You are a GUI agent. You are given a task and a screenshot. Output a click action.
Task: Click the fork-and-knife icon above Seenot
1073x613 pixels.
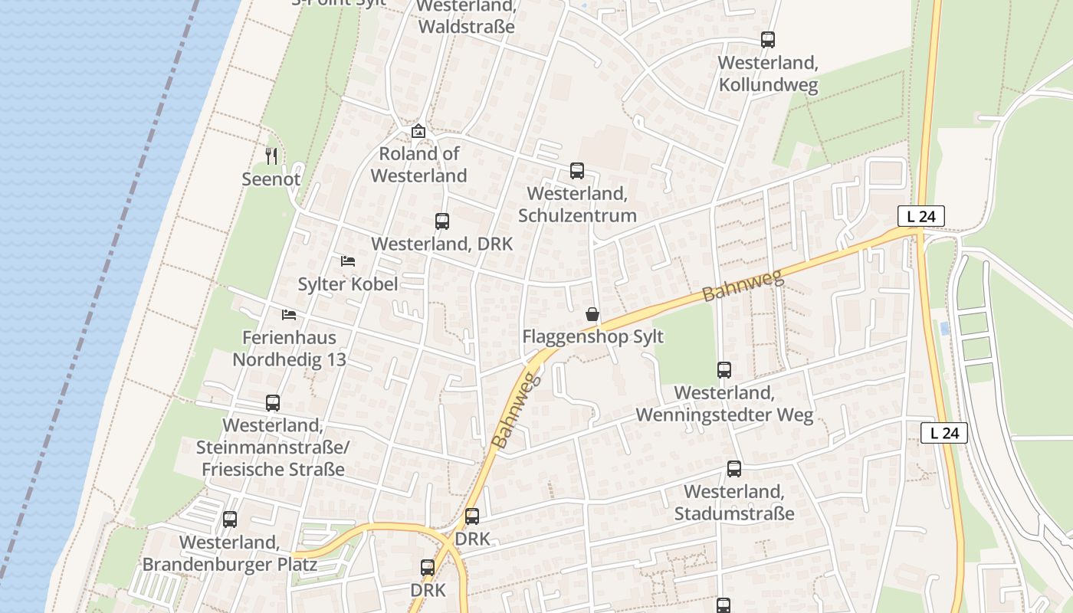pos(271,156)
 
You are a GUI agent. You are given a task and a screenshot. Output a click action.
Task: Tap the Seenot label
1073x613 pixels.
pos(271,179)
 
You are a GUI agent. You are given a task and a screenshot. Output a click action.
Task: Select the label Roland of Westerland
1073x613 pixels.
pos(418,165)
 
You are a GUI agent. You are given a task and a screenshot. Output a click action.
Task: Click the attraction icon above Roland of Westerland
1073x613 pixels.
pos(418,131)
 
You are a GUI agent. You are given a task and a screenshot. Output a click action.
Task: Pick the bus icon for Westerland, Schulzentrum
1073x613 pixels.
pos(576,171)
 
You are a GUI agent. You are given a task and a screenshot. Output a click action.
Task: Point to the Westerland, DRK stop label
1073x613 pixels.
pos(441,244)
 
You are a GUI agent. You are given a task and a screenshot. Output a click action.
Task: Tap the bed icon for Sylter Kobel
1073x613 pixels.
pos(348,261)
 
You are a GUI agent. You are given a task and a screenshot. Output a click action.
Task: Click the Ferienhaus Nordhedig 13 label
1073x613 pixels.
pos(289,349)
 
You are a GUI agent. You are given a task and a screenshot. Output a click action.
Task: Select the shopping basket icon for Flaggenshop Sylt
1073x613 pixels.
pos(592,314)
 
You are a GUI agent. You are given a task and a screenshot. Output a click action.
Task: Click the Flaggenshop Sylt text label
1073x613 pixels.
pos(592,336)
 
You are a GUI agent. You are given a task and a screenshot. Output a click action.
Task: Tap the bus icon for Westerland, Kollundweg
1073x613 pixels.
pos(767,40)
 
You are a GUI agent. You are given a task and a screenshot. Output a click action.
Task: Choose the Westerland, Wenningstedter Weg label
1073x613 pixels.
pos(724,404)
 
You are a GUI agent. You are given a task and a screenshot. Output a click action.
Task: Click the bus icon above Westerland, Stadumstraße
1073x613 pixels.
pos(733,469)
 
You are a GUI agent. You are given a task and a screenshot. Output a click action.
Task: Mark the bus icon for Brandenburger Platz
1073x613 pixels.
pos(229,520)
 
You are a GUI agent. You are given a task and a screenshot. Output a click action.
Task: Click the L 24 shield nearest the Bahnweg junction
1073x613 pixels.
pos(920,217)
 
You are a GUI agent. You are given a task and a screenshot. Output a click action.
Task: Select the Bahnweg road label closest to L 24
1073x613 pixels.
pos(743,284)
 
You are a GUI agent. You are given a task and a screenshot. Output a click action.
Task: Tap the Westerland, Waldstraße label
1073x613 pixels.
pos(466,17)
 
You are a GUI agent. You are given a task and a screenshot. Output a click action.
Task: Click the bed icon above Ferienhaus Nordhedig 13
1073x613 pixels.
pos(288,315)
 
